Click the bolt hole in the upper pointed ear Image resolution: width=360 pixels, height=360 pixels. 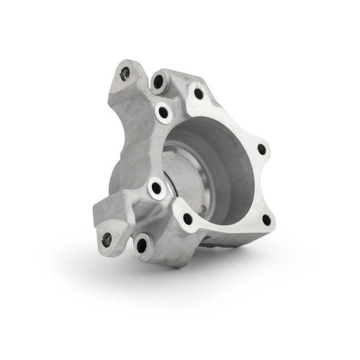point(125,72)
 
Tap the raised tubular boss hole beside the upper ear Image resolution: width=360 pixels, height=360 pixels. point(158,82)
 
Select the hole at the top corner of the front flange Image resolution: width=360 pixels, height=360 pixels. point(199,93)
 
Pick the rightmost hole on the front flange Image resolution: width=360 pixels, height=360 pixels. point(261,149)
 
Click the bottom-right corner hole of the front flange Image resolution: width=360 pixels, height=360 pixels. point(266,220)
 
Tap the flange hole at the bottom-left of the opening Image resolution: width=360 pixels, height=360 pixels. point(187,218)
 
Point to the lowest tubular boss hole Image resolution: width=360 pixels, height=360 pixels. point(141,246)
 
